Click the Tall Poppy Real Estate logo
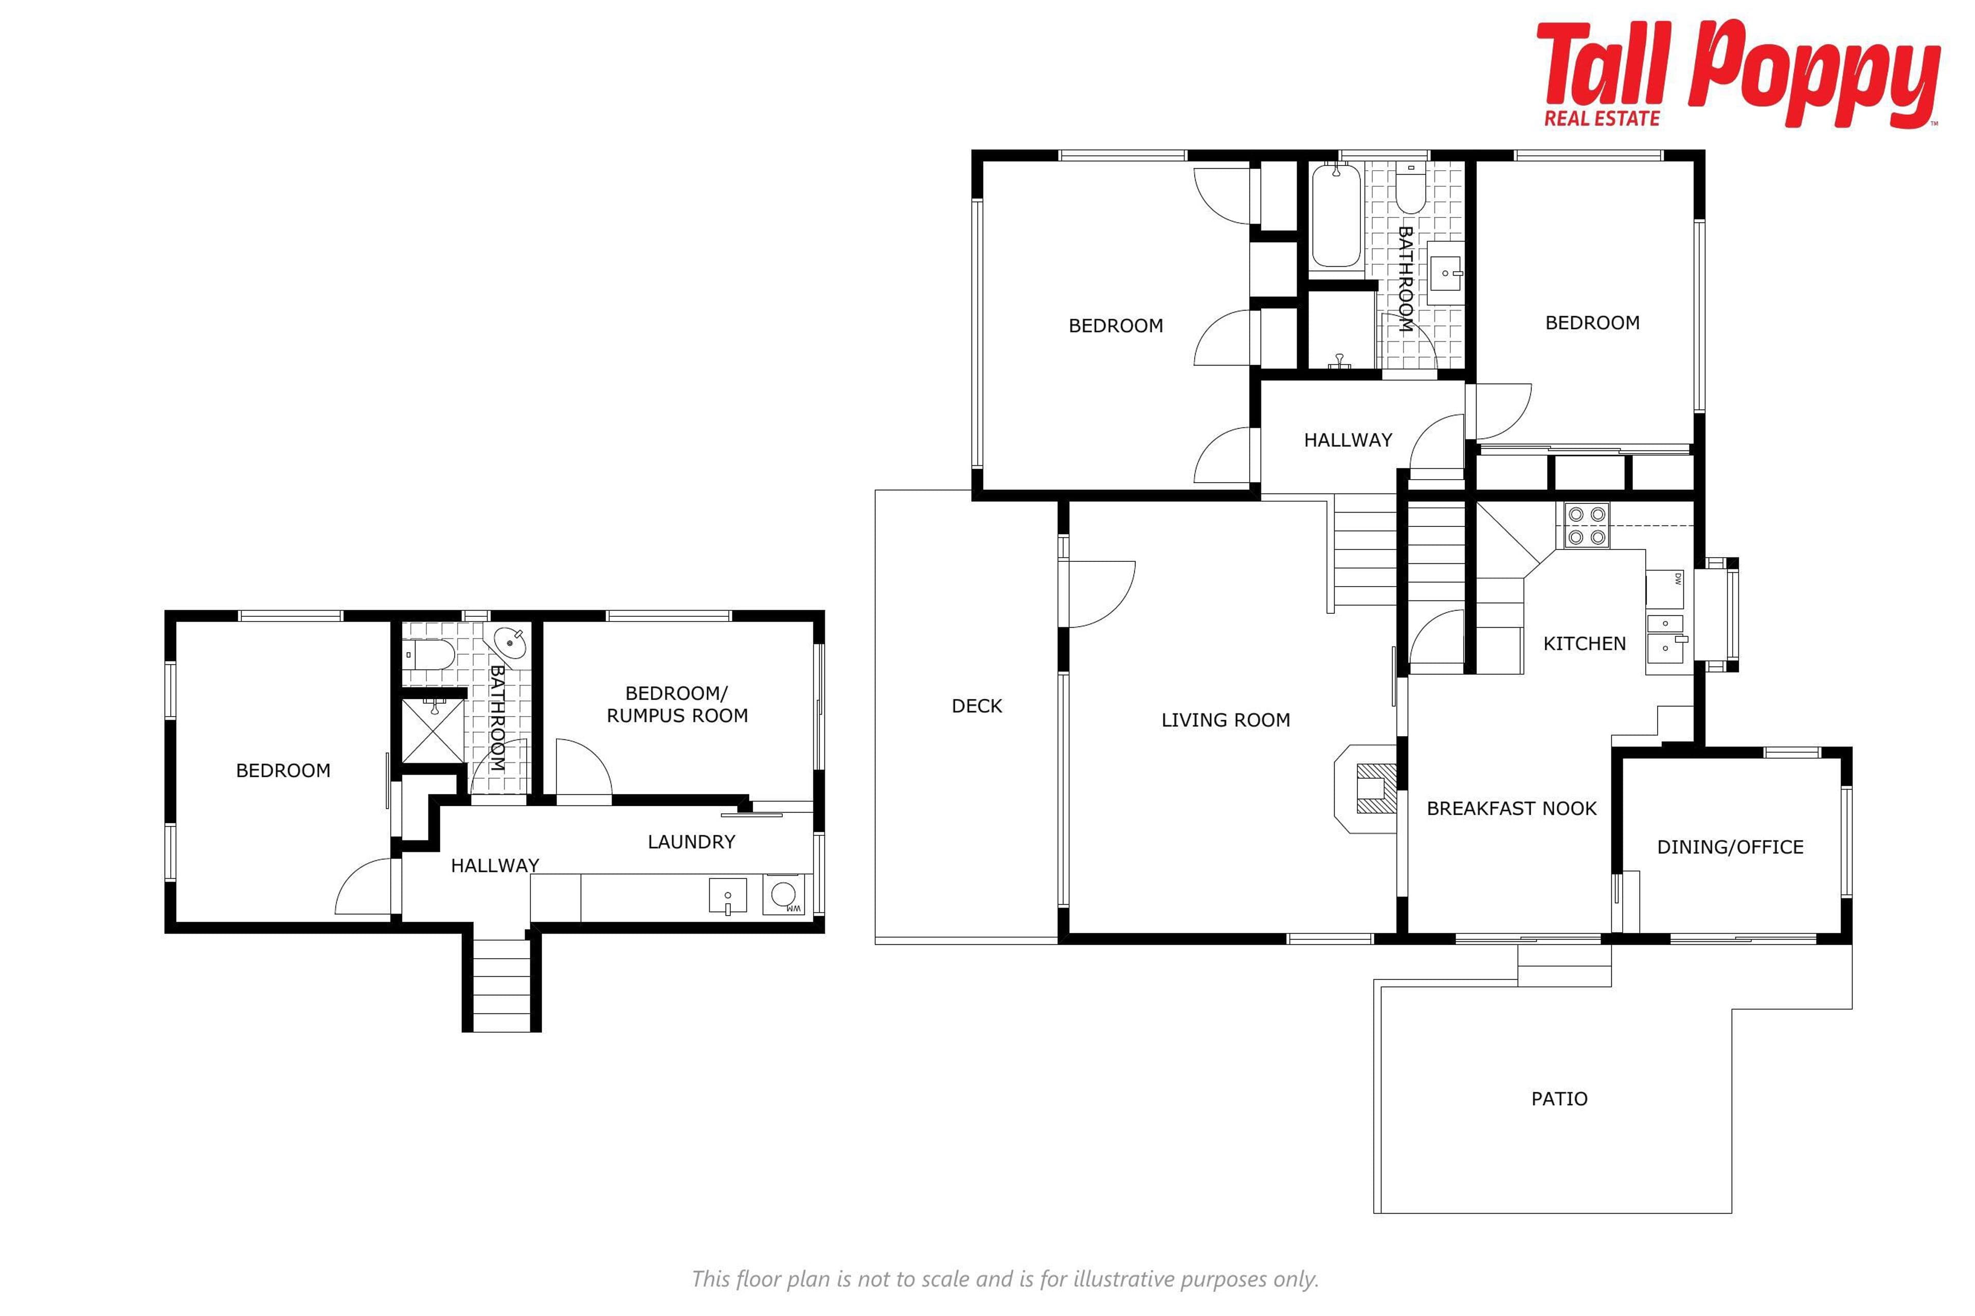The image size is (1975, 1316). (x=1739, y=74)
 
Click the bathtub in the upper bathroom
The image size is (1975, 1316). (x=1336, y=216)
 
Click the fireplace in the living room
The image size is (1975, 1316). (x=1366, y=789)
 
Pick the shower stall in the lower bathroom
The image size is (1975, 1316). (x=432, y=731)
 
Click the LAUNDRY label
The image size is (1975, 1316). (x=691, y=842)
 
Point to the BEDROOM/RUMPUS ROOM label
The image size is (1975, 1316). (x=677, y=705)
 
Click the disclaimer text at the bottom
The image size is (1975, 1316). (x=1005, y=1279)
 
